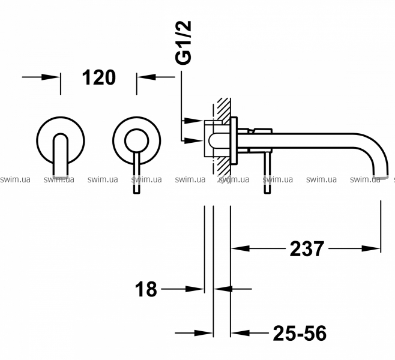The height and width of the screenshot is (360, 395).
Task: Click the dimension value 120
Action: coord(98,77)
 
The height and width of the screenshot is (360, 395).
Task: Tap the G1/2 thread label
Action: coord(184,43)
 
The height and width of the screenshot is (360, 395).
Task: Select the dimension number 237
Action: coord(307,249)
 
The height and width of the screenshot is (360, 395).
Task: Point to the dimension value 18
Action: coord(146,289)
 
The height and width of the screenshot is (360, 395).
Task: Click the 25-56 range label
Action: coord(300,333)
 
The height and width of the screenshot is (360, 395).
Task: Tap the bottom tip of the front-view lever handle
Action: coord(136,193)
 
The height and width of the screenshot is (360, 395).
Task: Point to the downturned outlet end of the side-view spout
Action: coord(381,175)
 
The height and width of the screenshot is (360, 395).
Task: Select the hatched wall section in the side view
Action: coord(224,139)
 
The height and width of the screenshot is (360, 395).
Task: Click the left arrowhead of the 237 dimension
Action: coord(240,248)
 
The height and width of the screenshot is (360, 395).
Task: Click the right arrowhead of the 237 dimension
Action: coord(371,248)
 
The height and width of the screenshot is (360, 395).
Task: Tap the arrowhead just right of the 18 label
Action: coord(194,289)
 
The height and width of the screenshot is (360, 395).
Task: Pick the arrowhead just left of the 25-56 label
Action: coord(240,333)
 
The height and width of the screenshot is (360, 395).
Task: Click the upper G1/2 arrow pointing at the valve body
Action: coord(194,121)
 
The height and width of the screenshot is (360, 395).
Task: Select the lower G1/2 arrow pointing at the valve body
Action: coord(194,141)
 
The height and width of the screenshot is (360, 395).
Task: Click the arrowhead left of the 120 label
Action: coord(51,77)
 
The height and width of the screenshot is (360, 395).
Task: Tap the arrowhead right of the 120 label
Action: coord(146,77)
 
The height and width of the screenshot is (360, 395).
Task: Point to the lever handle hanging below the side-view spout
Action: coord(268,173)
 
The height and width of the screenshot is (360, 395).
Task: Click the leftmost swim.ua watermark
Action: coord(15,179)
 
